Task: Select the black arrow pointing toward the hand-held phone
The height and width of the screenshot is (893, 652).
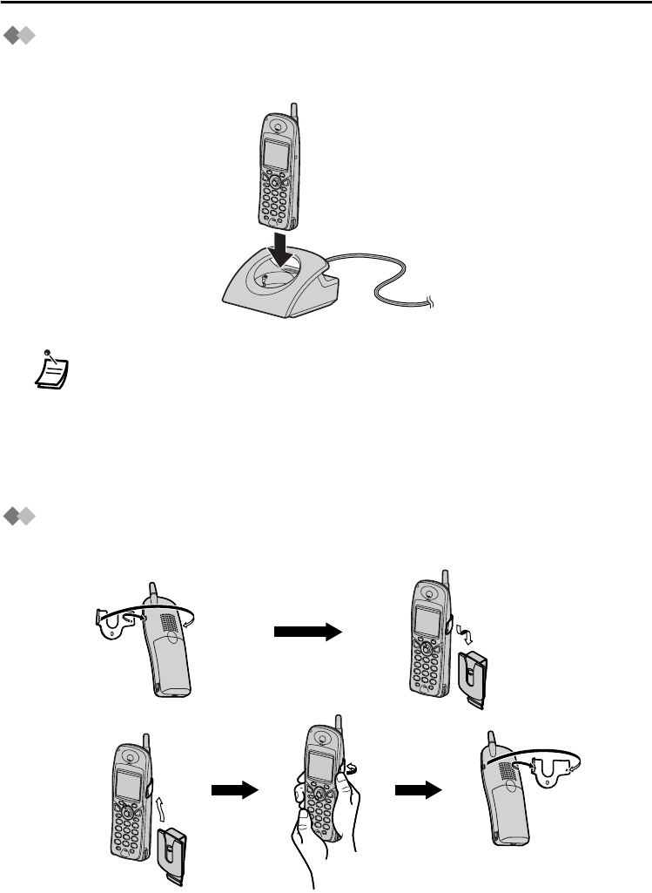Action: point(234,790)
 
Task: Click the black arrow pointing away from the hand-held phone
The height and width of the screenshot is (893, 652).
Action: point(415,790)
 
